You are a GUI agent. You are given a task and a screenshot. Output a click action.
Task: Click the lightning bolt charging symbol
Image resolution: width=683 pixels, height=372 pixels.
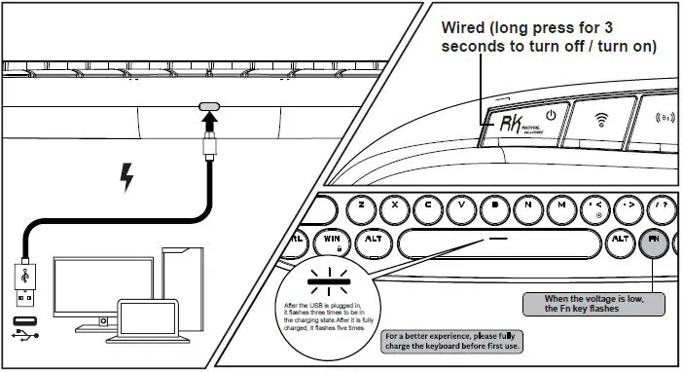[125, 177]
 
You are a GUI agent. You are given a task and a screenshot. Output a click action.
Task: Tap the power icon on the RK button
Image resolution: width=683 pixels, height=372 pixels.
[551, 115]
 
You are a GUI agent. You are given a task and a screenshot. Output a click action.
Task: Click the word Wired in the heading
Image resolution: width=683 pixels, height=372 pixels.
[471, 26]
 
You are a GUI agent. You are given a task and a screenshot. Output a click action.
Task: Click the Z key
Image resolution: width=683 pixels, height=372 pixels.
[361, 205]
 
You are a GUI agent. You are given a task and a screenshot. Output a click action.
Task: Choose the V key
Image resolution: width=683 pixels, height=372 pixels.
[461, 205]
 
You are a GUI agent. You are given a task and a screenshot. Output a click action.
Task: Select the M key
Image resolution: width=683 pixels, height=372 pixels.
[561, 205]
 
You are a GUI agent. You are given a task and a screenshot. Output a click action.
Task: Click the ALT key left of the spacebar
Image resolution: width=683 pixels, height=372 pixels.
[373, 239]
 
